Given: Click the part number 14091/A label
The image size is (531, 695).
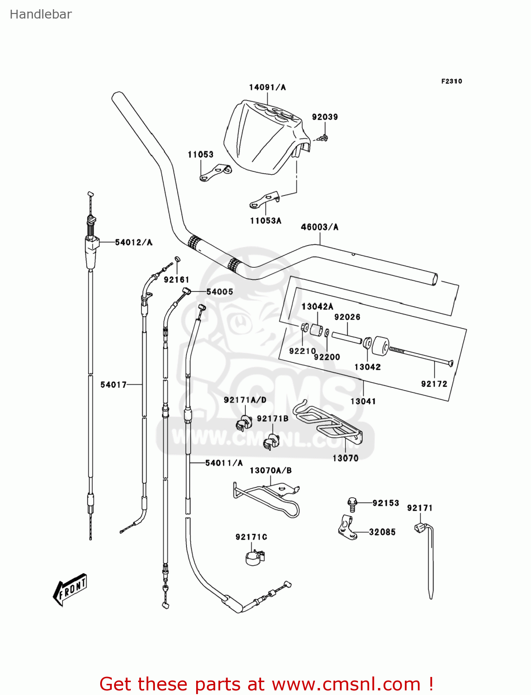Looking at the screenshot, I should click(267, 87).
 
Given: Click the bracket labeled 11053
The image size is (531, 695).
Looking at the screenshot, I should click(215, 173).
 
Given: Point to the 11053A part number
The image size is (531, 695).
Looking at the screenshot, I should click(265, 221).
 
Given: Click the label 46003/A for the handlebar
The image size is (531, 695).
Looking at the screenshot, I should click(320, 227).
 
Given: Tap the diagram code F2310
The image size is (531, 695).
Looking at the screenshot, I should click(451, 81).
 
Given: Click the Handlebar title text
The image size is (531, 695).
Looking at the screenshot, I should click(41, 14).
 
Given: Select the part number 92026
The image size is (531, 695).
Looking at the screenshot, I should click(347, 317).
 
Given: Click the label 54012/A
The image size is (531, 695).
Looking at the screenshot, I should click(134, 242).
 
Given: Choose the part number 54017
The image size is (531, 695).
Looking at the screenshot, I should click(113, 385).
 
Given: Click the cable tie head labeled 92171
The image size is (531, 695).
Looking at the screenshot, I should click(420, 527).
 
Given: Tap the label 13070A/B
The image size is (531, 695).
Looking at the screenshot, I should click(270, 471).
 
